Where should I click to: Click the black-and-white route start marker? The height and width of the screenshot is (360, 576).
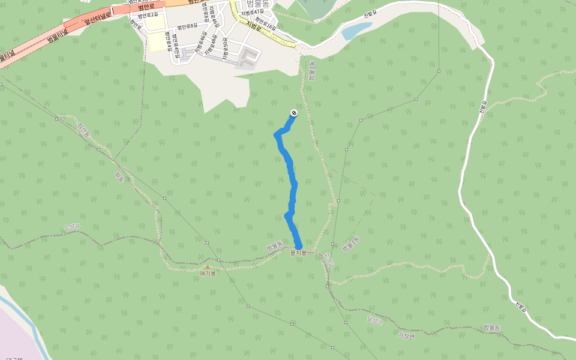click(294, 113)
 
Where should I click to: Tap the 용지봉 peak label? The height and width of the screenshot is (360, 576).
click(298, 253)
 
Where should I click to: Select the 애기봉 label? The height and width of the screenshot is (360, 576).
click(208, 273)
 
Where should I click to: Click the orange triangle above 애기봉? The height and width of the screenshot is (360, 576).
click(208, 266)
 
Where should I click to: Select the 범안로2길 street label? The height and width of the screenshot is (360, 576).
click(148, 14)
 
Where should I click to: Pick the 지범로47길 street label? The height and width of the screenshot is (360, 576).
click(253, 13)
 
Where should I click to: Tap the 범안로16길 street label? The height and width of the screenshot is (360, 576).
click(265, 27)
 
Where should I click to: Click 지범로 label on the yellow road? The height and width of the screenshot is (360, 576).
click(254, 24)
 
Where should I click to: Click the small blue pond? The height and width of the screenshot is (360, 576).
click(356, 31)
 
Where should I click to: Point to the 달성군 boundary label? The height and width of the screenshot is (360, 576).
click(374, 320)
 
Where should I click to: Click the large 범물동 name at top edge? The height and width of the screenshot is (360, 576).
click(259, 4)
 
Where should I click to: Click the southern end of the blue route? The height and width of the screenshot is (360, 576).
click(298, 245)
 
